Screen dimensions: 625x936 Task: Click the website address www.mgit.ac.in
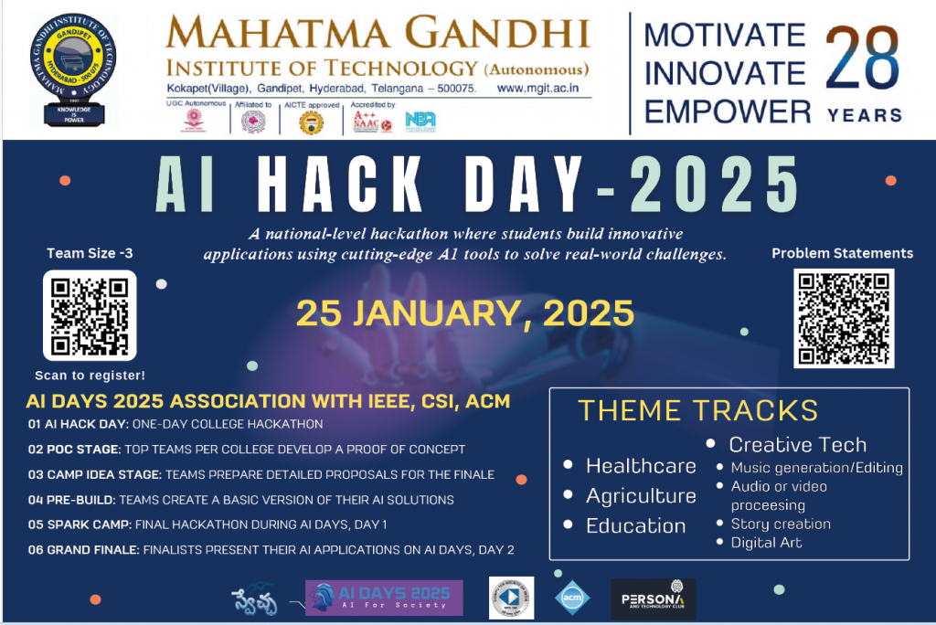coord(544,89)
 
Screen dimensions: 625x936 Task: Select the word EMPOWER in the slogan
coord(728,111)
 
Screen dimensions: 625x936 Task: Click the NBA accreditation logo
coord(420,122)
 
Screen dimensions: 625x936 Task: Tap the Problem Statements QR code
coord(843,317)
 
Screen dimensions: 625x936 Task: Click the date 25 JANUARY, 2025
coord(464,313)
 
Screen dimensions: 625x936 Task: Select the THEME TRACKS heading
coord(697,410)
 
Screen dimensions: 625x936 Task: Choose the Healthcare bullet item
coord(640,466)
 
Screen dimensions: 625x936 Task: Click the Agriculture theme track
coord(640,496)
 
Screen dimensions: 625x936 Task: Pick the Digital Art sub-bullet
coord(766,543)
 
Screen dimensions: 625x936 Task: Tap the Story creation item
coord(780,524)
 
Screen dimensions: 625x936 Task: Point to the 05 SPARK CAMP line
coord(207,524)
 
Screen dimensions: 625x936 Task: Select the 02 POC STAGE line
coord(246,450)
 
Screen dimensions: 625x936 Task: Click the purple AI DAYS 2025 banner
coord(384,598)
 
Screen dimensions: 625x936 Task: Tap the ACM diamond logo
coord(572,598)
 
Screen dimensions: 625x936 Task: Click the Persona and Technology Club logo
coord(653,599)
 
